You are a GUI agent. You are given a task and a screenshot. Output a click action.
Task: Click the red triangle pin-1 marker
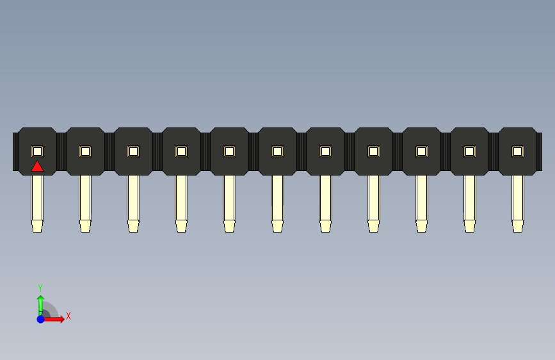(x=37, y=167)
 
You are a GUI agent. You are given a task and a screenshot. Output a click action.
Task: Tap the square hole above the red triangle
(x=37, y=151)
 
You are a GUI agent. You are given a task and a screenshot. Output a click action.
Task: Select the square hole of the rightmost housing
(x=517, y=151)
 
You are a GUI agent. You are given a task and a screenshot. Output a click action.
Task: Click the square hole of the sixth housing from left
(x=277, y=151)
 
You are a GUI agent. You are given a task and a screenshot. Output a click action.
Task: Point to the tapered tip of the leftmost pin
(x=37, y=225)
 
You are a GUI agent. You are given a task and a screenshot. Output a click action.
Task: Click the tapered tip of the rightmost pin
(x=517, y=225)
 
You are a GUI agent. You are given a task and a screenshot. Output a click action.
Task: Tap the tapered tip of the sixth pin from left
(x=277, y=225)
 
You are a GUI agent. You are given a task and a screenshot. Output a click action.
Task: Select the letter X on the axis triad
(x=68, y=316)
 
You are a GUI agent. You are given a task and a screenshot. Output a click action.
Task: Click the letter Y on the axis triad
(x=40, y=288)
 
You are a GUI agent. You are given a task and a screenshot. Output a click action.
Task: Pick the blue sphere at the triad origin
(x=40, y=319)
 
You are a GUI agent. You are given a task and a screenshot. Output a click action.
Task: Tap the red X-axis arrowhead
(x=61, y=319)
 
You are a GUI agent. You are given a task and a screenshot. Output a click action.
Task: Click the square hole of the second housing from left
(x=85, y=151)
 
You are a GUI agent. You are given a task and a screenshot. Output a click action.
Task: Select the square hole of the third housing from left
(x=133, y=151)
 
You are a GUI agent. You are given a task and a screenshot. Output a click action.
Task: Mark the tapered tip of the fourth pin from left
(x=181, y=225)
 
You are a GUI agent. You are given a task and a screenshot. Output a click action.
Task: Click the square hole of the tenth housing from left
(x=469, y=151)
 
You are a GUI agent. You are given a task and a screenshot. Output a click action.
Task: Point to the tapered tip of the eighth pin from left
(x=373, y=225)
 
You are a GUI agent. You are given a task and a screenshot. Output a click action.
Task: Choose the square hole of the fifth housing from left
(x=229, y=151)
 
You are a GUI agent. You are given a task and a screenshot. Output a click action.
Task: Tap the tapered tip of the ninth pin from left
(x=421, y=225)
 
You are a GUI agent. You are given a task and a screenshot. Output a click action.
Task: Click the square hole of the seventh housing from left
(x=325, y=151)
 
